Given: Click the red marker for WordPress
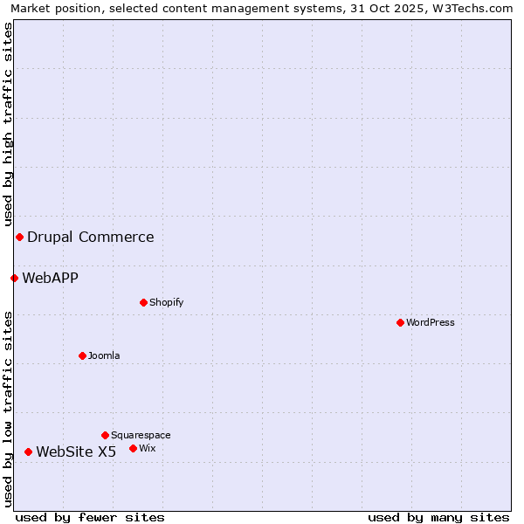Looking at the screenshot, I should [x=400, y=322].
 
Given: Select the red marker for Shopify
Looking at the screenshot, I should [x=143, y=302].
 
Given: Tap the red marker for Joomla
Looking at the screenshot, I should [x=82, y=355].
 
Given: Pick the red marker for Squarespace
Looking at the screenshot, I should [x=105, y=435].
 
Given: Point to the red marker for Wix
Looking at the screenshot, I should [x=133, y=448].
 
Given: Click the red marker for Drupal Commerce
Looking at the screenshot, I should [x=19, y=237].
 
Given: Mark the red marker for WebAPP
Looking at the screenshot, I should [x=14, y=278].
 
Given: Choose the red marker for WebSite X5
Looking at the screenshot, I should [x=28, y=452].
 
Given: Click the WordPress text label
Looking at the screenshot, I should [x=431, y=322].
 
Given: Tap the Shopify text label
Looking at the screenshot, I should [x=167, y=302].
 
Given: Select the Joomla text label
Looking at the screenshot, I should [x=104, y=355].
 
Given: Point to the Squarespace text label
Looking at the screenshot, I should [x=141, y=435].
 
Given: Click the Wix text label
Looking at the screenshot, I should [x=148, y=448].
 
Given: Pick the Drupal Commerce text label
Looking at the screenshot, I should [x=91, y=237].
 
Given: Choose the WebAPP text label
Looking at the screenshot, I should [x=51, y=278].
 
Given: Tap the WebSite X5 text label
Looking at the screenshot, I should [x=76, y=452].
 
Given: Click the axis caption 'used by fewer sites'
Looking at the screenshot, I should [x=90, y=517].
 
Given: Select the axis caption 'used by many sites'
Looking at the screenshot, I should [x=438, y=517].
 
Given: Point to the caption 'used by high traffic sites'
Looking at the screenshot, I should [x=8, y=125].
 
